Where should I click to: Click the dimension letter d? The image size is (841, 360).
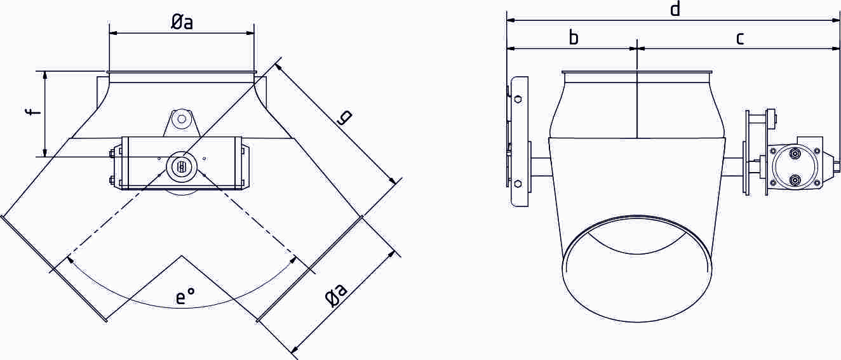(675, 9)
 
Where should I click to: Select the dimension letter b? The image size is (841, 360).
(573, 38)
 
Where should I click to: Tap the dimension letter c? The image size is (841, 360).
(740, 38)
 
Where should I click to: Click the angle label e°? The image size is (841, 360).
(185, 297)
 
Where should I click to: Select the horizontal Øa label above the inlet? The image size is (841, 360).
(182, 22)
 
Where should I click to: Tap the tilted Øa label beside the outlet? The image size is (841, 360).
(337, 297)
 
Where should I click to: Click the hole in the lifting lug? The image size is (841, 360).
(182, 118)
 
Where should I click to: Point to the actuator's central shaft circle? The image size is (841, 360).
(181, 167)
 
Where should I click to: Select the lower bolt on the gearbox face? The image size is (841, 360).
(795, 180)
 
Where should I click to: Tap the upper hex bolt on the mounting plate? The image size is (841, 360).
(518, 99)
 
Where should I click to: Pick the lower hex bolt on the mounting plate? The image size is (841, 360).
(518, 183)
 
